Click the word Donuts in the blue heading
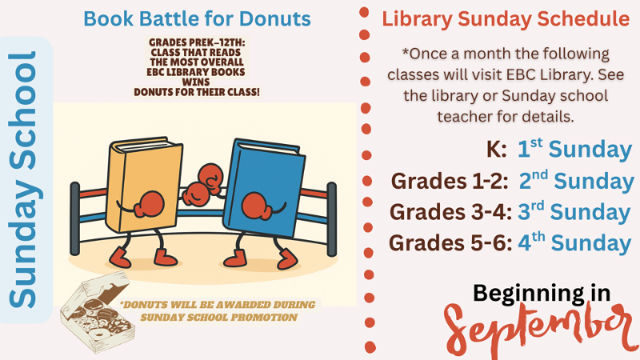tap(275, 18)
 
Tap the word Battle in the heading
tap(170, 18)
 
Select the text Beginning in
tap(542, 294)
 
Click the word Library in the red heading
tap(417, 19)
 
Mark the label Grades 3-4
tap(450, 212)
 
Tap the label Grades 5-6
tap(450, 243)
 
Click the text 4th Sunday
tap(574, 242)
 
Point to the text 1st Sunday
tap(574, 149)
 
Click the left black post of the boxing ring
tap(75, 218)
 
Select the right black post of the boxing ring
tap(332, 219)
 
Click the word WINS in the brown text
tap(195, 82)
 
